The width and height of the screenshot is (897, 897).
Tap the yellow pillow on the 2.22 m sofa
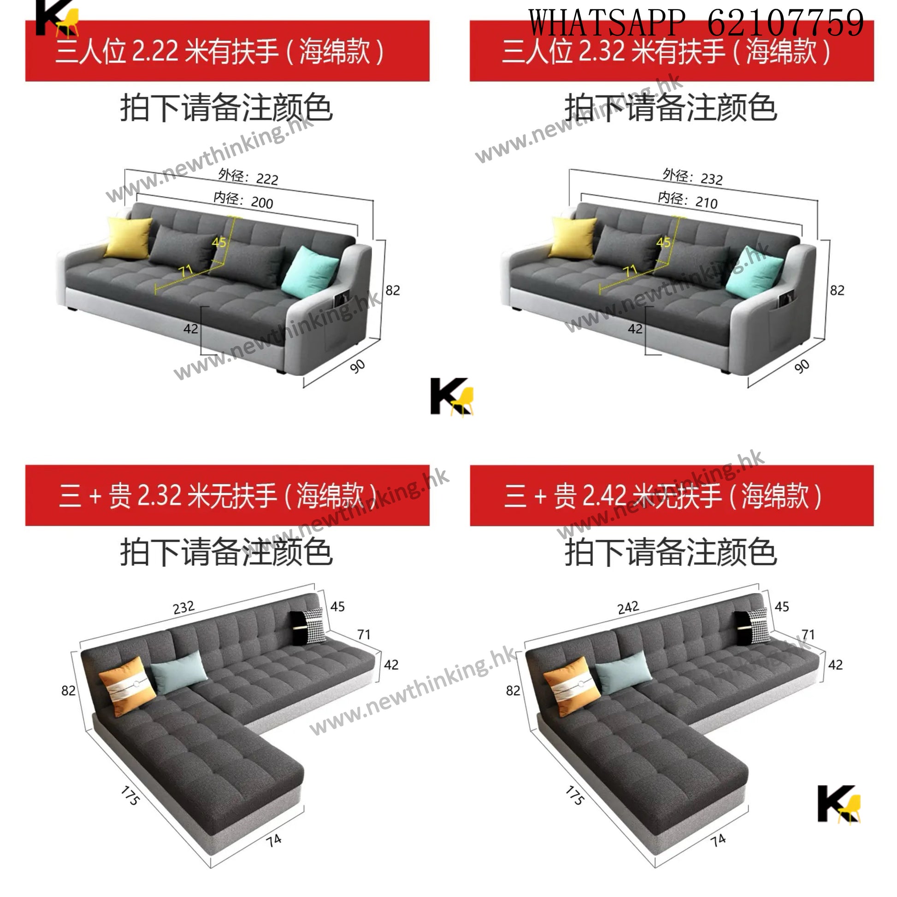coord(128,237)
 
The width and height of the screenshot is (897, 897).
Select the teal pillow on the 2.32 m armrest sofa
coord(755,271)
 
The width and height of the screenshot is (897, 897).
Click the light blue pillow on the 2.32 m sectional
coord(179,672)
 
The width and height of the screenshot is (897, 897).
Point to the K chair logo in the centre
coord(452,397)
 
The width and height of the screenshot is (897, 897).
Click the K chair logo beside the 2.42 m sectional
coord(839,805)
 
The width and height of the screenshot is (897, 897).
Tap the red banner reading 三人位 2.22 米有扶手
coord(228,51)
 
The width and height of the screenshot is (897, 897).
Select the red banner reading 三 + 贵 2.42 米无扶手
coord(672,496)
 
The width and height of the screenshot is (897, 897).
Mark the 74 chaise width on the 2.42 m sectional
coord(718,840)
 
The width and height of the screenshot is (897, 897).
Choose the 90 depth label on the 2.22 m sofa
coord(358,366)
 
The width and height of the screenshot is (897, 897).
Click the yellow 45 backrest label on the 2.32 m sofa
coord(663,242)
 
